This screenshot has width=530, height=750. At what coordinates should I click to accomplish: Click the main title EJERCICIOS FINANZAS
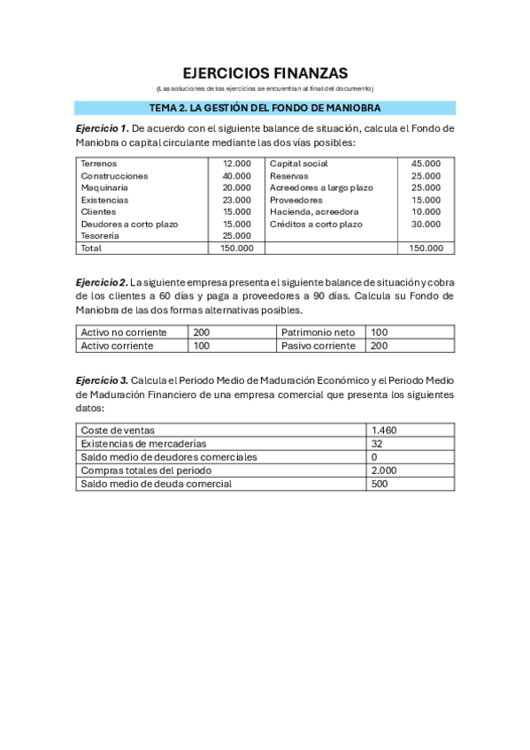point(265,73)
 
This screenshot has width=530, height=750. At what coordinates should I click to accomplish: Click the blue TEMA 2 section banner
point(265,108)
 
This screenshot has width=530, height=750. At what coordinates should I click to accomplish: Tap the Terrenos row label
point(98,164)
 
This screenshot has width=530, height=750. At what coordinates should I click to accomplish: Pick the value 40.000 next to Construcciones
point(236,176)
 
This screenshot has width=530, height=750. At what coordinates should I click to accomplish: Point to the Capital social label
point(298,164)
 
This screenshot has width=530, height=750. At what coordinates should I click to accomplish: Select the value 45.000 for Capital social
point(426,164)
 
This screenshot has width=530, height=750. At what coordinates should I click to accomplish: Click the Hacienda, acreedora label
point(314,211)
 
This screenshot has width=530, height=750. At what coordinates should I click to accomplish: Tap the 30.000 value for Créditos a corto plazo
point(426,224)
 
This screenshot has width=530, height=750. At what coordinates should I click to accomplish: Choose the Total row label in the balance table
point(91,249)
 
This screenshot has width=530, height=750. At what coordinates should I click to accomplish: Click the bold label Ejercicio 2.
point(102,281)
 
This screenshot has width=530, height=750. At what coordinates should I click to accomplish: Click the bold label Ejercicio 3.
point(102,380)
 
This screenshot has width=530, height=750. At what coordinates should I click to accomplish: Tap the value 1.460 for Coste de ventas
point(385,431)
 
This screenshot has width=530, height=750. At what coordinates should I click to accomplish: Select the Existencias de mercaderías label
point(143,444)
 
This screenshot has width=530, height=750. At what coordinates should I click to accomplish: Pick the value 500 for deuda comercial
point(380,484)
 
